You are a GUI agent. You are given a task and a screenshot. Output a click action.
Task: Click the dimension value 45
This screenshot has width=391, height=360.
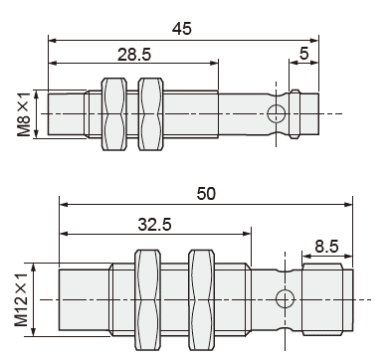coord(182,29)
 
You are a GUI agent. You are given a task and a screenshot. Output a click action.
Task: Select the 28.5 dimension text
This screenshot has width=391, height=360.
coord(134,54)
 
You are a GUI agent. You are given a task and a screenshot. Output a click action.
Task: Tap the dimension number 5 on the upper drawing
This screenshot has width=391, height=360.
coord(304,53)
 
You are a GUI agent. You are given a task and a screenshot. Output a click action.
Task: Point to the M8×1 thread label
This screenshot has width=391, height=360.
coord(24,114)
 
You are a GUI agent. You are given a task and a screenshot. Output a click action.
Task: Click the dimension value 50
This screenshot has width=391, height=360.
coord(206,194)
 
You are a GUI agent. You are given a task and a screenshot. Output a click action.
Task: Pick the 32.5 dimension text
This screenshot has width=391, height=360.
coord(154,225)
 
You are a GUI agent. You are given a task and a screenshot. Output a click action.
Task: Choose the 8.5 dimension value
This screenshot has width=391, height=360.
coord(326,247)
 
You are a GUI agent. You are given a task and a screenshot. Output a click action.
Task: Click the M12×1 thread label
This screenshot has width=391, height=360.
coord(21,300)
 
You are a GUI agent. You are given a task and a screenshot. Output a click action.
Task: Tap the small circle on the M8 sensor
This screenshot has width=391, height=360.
coord(277,113)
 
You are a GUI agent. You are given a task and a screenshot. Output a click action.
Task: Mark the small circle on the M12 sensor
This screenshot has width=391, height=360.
coord(286,299)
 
